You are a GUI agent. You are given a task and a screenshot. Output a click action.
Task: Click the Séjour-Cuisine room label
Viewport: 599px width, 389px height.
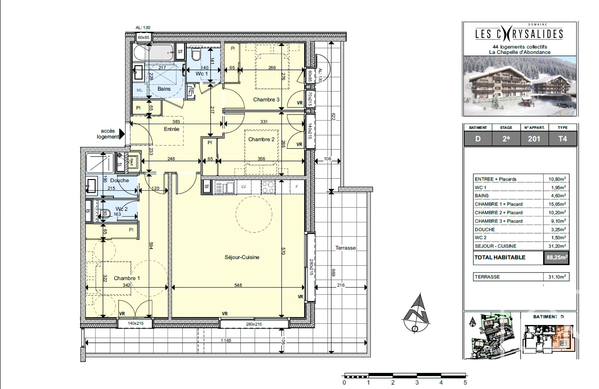(242, 257)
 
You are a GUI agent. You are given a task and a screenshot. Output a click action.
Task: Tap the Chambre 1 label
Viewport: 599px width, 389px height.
(127, 278)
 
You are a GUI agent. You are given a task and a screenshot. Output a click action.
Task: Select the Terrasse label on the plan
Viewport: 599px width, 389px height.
(345, 248)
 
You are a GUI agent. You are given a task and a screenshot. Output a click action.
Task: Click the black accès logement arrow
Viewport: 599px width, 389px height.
(122, 134)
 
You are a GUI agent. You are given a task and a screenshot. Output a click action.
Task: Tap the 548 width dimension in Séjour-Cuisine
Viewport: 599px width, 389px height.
(238, 285)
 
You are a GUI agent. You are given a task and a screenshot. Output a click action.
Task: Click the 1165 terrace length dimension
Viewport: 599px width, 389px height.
(226, 340)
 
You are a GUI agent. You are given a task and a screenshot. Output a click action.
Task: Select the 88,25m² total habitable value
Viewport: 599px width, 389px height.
(557, 258)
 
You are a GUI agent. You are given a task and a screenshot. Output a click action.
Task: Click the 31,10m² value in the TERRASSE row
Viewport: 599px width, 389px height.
(557, 277)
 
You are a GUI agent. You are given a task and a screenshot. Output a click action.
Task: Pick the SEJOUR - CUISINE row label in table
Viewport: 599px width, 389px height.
(495, 246)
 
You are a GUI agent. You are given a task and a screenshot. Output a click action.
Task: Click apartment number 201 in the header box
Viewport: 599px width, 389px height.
(534, 139)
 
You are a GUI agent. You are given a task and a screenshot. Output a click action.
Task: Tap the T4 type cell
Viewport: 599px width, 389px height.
(562, 139)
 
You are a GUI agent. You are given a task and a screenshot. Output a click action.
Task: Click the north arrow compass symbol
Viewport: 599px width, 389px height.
(416, 314)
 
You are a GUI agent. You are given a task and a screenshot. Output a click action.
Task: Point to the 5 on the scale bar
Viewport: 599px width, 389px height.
(465, 382)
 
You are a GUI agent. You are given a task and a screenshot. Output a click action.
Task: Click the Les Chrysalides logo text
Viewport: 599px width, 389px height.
(519, 34)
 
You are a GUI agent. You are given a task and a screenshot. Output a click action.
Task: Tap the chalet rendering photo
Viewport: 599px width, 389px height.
(520, 86)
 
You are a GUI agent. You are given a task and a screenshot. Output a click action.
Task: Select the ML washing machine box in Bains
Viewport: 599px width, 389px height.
(139, 90)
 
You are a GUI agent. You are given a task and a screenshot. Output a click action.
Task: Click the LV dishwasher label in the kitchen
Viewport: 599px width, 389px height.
(244, 187)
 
